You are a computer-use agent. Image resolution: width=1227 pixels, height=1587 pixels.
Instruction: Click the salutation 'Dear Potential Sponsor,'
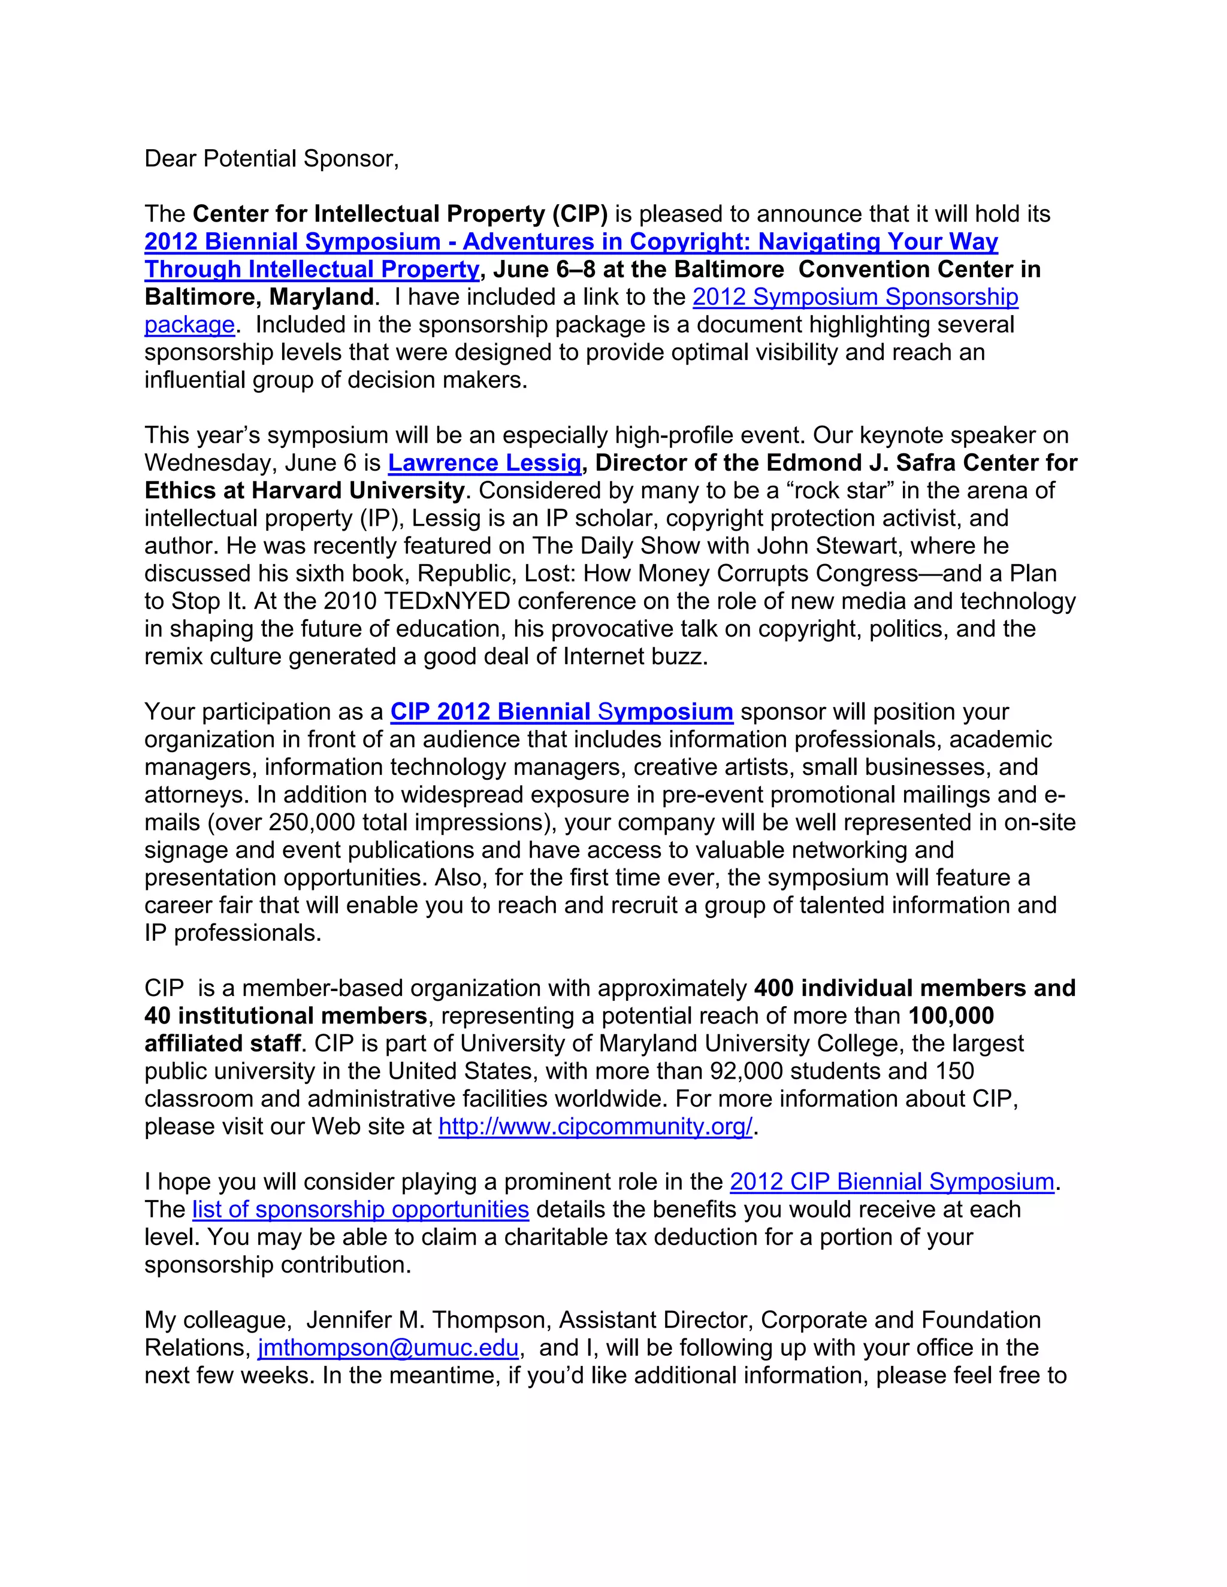[x=272, y=159]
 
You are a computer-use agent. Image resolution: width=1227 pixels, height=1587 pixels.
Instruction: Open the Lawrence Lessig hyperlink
[x=485, y=463]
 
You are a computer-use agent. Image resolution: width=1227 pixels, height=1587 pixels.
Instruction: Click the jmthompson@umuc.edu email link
[x=388, y=1347]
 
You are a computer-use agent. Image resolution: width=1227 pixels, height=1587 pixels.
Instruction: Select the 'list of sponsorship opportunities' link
[x=361, y=1209]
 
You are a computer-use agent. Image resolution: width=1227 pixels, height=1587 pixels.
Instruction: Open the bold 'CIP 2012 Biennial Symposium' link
[x=561, y=711]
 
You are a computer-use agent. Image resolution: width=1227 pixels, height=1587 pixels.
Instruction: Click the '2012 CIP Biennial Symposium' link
[x=892, y=1182]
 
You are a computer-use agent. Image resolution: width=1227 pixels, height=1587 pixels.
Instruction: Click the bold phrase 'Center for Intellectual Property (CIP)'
[x=400, y=214]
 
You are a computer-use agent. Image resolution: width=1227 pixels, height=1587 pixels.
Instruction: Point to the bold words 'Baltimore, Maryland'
[x=259, y=296]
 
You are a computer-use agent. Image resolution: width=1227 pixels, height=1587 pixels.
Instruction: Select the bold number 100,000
[x=951, y=1015]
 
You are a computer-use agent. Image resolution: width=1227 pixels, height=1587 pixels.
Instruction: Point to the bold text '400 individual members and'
[x=914, y=988]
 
